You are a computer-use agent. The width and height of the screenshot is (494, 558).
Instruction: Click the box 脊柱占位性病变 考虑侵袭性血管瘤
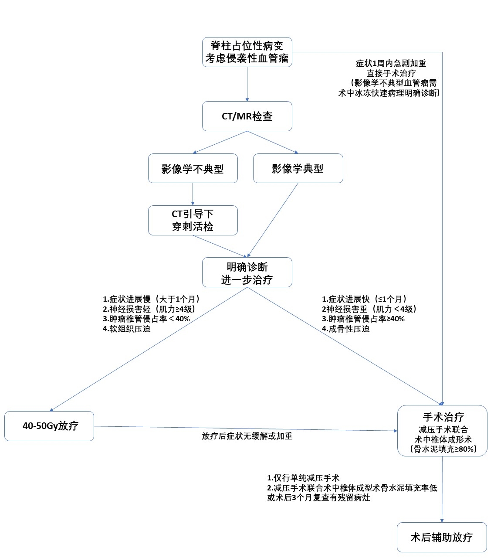tap(247, 52)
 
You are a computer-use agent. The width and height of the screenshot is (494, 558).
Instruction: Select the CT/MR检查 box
tap(247, 116)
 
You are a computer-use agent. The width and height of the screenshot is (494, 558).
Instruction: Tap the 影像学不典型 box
tap(193, 168)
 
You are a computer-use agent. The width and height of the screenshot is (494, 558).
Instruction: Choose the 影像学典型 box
tap(298, 168)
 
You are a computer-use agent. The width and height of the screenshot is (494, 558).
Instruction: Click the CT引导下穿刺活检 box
tap(193, 220)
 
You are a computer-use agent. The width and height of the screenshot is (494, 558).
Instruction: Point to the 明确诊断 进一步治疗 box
tap(247, 272)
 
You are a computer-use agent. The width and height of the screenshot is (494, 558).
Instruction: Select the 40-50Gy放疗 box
tap(49, 426)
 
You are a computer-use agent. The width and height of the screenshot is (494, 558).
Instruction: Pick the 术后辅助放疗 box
tap(442, 537)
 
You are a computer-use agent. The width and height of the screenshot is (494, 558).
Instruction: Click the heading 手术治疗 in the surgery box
tap(443, 417)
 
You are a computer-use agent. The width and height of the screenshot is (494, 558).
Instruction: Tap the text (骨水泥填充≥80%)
tap(443, 449)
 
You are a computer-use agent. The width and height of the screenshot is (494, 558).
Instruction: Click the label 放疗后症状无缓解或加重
tap(247, 436)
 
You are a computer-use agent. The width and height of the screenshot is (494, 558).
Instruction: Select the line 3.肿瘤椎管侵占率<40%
tap(146, 319)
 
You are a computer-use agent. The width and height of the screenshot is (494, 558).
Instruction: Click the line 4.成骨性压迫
tap(345, 329)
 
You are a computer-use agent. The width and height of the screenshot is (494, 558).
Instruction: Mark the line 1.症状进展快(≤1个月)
tap(365, 299)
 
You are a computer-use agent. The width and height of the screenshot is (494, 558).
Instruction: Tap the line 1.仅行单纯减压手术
tap(303, 478)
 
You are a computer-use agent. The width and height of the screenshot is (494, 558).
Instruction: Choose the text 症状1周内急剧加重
tap(391, 63)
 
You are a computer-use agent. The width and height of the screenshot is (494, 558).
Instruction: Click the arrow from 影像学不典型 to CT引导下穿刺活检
tap(193, 194)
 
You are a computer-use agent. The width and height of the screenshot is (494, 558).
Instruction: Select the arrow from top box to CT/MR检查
tap(247, 84)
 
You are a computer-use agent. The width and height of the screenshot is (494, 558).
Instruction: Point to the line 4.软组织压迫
tap(127, 329)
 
